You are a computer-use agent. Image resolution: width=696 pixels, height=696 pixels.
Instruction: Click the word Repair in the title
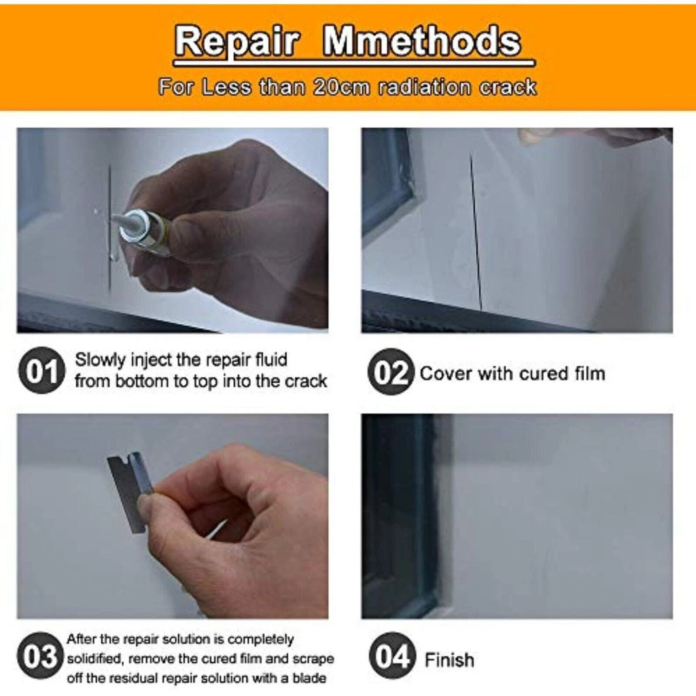pyautogui.click(x=236, y=41)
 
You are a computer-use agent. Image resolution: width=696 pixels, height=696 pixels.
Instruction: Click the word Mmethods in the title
pyautogui.click(x=421, y=41)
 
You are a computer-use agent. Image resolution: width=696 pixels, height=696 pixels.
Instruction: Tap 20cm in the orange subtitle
pyautogui.click(x=341, y=87)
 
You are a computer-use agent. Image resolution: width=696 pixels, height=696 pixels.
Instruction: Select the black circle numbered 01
pyautogui.click(x=41, y=370)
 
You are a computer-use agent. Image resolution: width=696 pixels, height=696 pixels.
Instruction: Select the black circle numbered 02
pyautogui.click(x=391, y=372)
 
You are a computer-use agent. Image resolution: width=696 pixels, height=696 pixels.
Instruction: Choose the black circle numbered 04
pyautogui.click(x=392, y=656)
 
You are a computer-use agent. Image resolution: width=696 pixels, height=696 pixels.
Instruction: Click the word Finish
pyautogui.click(x=449, y=660)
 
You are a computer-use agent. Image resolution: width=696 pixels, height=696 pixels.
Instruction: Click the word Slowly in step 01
pyautogui.click(x=100, y=360)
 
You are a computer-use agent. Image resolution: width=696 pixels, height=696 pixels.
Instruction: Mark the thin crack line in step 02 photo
pyautogui.click(x=476, y=231)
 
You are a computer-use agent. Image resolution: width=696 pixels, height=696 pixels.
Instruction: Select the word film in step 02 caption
pyautogui.click(x=590, y=373)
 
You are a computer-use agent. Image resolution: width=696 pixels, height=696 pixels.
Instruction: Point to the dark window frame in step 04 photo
pyautogui.click(x=400, y=515)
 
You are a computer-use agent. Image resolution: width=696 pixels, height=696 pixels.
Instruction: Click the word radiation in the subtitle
pyautogui.click(x=424, y=87)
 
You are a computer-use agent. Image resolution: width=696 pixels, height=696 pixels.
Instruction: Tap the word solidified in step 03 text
pyautogui.click(x=94, y=659)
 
